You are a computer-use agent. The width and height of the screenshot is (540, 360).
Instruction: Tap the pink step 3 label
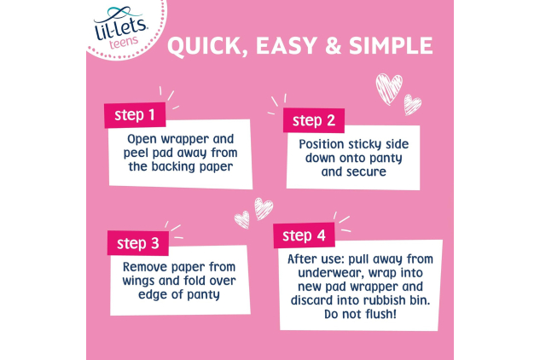136,243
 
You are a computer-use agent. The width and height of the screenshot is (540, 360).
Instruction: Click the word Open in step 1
142,138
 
